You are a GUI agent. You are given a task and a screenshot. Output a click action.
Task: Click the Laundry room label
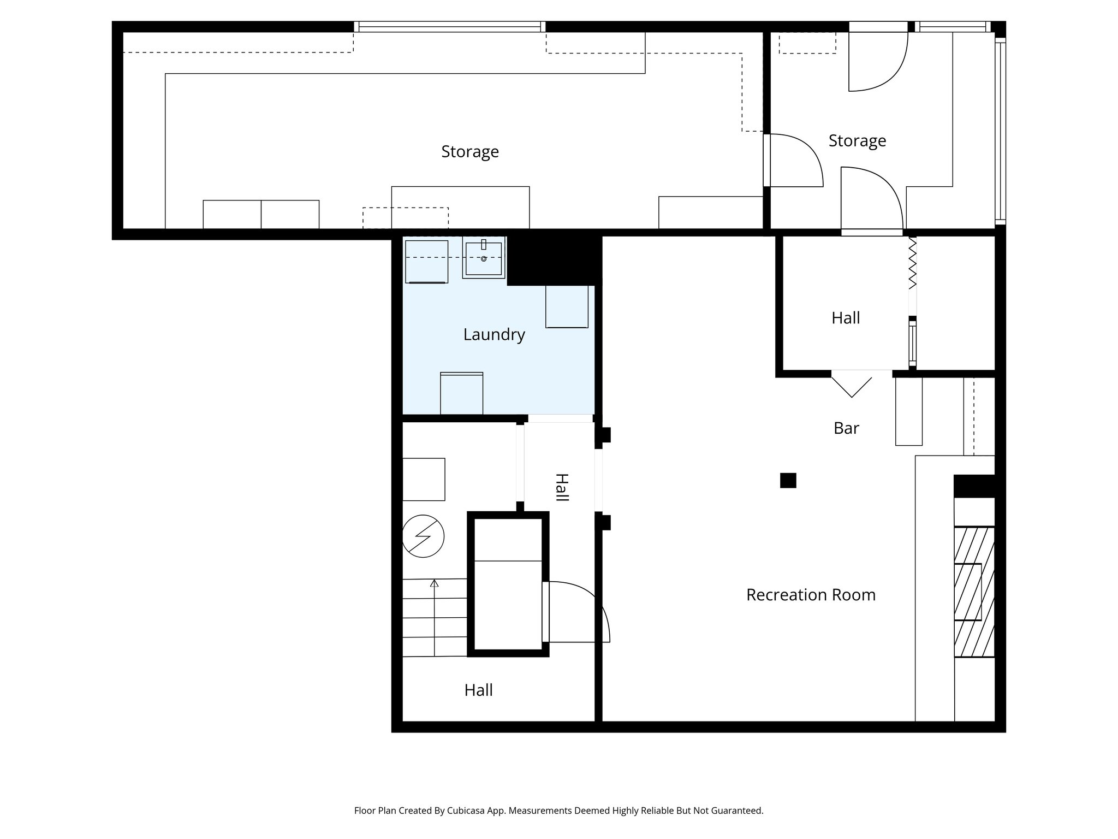494,334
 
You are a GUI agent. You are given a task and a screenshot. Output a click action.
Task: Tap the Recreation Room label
810,595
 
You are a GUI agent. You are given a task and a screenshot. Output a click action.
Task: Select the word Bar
846,428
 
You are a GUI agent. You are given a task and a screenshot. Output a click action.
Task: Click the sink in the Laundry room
483,258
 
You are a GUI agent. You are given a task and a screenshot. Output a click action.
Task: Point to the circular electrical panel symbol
423,536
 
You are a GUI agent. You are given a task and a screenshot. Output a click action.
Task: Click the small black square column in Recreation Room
788,480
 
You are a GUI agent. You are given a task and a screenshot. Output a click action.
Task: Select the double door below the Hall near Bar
852,382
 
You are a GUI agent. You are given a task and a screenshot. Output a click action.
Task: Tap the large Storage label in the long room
469,152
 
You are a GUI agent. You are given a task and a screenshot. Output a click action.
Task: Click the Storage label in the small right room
857,141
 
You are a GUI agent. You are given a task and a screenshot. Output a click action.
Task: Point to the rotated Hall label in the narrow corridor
561,487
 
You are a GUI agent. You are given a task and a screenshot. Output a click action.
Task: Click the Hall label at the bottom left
478,690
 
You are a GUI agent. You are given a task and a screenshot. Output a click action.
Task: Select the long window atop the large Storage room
450,27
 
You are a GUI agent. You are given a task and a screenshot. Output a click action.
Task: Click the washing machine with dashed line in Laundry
426,262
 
